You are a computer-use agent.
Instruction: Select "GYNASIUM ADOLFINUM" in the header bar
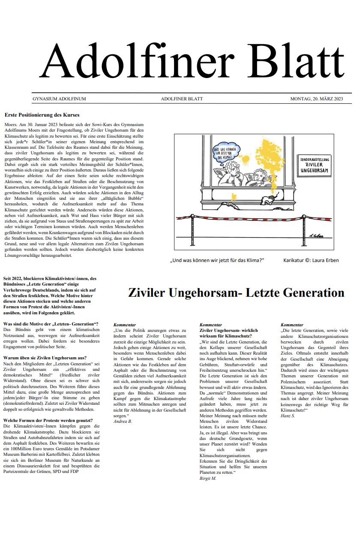click(x=59, y=99)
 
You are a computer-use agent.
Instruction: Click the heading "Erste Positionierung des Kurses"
click(x=42, y=115)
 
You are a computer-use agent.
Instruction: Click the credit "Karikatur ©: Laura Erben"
click(x=311, y=260)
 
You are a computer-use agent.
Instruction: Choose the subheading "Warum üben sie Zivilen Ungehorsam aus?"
click(x=45, y=358)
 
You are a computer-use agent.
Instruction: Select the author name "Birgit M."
click(x=208, y=478)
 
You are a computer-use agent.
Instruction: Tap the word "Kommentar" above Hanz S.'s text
click(x=292, y=325)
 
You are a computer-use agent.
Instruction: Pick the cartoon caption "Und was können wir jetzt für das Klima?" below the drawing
click(x=217, y=260)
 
